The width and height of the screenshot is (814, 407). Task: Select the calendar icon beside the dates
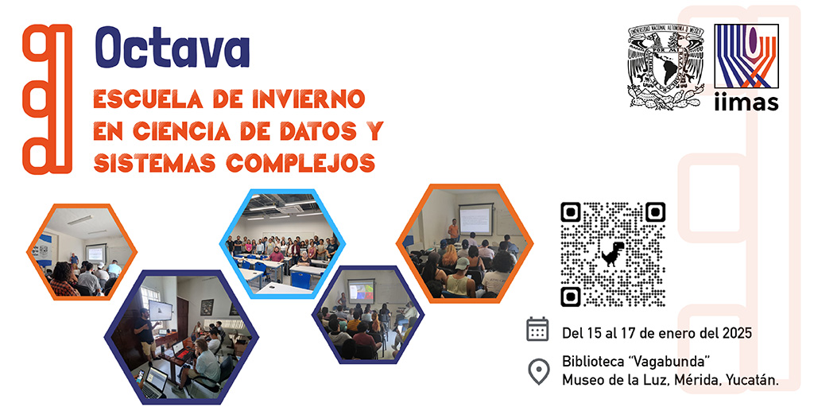538,329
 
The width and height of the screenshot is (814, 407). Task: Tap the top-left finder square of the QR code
572,212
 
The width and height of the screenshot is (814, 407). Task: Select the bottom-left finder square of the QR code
572,296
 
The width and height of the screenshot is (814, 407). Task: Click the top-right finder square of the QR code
654,212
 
